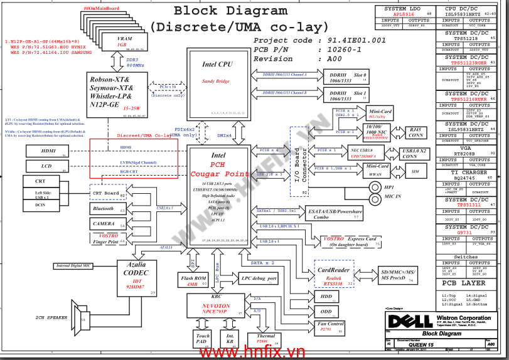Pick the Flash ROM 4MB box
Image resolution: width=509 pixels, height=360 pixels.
pyautogui.click(x=193, y=280)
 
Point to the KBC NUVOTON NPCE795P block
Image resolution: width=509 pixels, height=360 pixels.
pyautogui.click(x=216, y=307)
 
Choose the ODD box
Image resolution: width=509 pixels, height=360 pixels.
pyautogui.click(x=326, y=311)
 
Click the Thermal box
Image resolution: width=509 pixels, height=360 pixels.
pyautogui.click(x=261, y=339)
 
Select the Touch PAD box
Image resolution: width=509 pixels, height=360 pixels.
pyautogui.click(x=203, y=339)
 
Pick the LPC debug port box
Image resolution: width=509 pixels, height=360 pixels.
pyautogui.click(x=259, y=278)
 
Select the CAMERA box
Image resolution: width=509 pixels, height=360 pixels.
pyautogui.click(x=104, y=223)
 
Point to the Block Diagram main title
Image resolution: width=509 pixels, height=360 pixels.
pyautogui.click(x=239, y=11)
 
